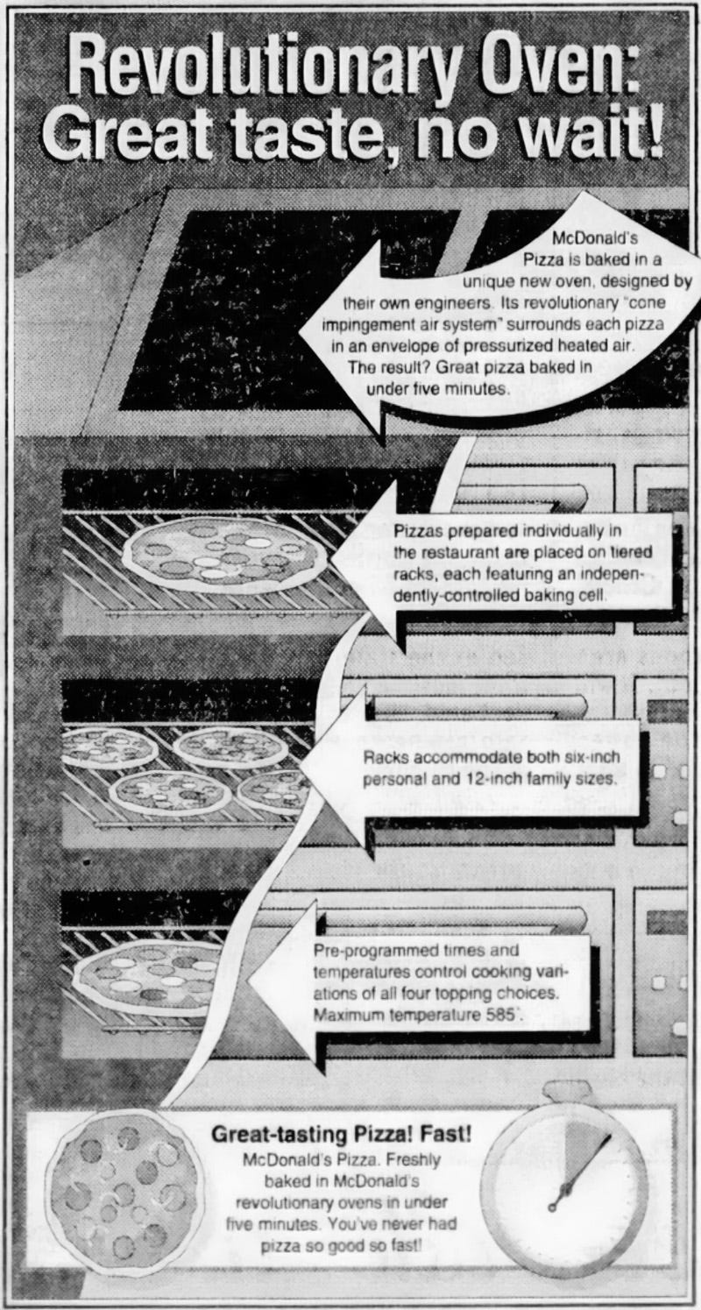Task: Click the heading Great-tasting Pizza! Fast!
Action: point(342,1134)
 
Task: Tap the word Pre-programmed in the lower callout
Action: point(367,950)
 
